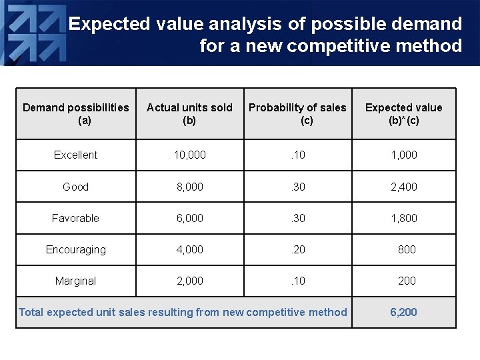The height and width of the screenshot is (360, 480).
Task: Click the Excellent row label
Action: point(75,155)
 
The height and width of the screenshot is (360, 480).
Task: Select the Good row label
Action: point(75,187)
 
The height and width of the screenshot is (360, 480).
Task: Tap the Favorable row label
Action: point(75,218)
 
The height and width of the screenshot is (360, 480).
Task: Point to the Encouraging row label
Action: point(75,249)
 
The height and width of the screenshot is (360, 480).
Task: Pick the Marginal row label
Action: point(75,281)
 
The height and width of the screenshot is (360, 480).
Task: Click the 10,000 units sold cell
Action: point(189,155)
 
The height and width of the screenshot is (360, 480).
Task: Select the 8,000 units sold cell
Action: point(189,187)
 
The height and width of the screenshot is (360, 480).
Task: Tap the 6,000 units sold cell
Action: point(189,218)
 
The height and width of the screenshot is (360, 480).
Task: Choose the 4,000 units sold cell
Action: point(189,249)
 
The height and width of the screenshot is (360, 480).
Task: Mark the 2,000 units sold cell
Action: point(189,281)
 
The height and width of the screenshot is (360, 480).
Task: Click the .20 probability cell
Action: point(297,249)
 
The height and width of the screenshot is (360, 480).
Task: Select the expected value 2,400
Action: point(403,187)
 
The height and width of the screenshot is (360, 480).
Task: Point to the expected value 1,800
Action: point(403,218)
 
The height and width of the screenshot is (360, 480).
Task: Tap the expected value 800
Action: point(406,249)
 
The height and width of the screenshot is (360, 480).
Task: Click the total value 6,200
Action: point(403,312)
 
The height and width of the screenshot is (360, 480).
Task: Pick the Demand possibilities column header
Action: point(75,113)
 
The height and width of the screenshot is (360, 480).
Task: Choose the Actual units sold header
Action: point(189,113)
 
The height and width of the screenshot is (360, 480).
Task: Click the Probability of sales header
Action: point(297,113)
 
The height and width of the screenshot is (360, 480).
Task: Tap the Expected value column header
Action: point(403,113)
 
